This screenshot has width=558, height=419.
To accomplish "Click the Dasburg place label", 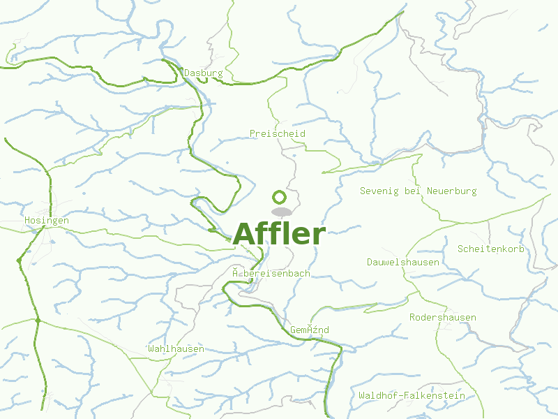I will coord(204,73).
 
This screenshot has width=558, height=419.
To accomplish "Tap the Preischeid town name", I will coord(278,133).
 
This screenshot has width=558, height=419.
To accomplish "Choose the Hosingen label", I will coord(47,220).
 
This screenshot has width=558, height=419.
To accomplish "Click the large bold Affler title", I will coord(279,234).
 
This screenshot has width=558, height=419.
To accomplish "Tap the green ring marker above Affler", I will coord(279,197).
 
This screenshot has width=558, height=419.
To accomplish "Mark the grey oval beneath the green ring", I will coord(281,212).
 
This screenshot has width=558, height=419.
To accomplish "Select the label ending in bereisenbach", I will coord(271,273).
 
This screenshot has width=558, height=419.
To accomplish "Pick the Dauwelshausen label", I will coord(403,262).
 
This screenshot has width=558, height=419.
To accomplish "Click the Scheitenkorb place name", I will coord(491,249).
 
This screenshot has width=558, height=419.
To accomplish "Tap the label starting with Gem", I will coord(309,330).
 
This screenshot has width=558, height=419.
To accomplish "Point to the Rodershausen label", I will coord(443,317).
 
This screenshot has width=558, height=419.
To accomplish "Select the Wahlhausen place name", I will coord(176,348).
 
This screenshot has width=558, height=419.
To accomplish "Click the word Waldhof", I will coord(379,395).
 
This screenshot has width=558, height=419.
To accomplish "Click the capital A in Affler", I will coord(246,234).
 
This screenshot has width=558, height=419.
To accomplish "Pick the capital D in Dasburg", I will coord(187,73).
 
